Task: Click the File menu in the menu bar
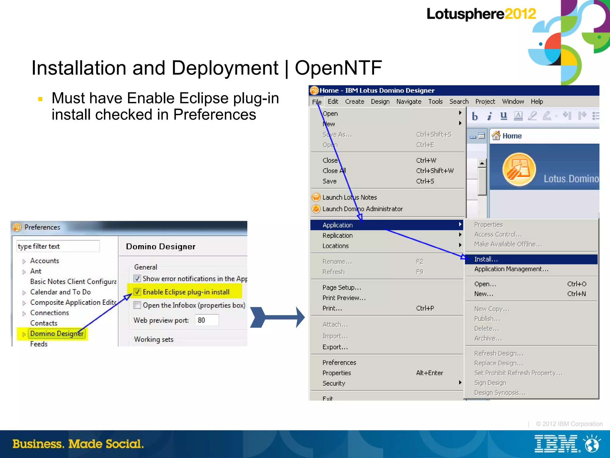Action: coord(317,102)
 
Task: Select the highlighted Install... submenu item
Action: coord(486,259)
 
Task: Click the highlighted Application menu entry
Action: coord(337,225)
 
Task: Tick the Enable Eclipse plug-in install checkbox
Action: coord(137,292)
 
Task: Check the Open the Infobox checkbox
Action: coord(137,305)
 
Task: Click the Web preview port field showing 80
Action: coord(207,320)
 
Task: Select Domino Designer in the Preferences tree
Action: coord(57,333)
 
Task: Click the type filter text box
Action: coord(58,246)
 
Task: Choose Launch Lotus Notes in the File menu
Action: coord(349,197)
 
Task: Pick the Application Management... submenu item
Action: coord(511,269)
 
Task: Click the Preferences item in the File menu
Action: coord(339,362)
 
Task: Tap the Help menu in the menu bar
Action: coord(537,102)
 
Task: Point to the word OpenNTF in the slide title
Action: coord(338,68)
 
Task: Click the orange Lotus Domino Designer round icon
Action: coord(519,170)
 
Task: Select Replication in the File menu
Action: coord(337,235)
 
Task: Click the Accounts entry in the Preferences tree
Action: coord(45,261)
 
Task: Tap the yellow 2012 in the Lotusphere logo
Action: coord(520,14)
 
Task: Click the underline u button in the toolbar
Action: coord(503,116)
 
